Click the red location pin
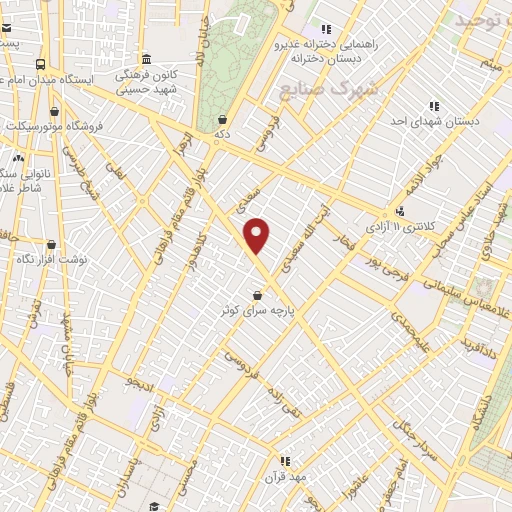pyautogui.click(x=258, y=236)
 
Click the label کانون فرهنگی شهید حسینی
pyautogui.click(x=145, y=81)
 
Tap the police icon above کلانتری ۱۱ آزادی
pyautogui.click(x=400, y=211)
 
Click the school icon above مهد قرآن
pyautogui.click(x=285, y=460)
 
